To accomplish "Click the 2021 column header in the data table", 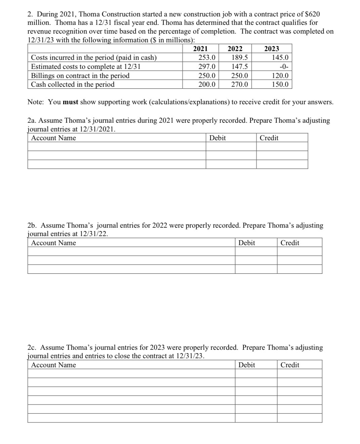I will pos(200,49).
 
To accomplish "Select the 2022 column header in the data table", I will pos(235,49).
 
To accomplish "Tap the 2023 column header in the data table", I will pos(271,49).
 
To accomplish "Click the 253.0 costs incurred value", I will pos(207,58).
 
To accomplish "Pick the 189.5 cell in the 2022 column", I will pos(240,58).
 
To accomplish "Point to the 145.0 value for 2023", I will pos(280,58).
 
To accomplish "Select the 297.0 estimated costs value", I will pos(207,67).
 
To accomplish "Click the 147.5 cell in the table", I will pos(240,67).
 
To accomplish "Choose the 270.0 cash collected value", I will pos(240,84).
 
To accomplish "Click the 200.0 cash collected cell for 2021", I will pos(207,84).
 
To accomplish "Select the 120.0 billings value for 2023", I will pos(280,76).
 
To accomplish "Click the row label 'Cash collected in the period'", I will pos(73,84).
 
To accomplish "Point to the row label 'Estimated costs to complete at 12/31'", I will pos(85,67).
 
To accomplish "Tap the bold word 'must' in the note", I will pos(71,102).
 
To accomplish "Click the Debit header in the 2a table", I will pos(217,138).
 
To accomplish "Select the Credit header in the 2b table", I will pos(290,243).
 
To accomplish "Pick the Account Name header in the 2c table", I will pos(53,365).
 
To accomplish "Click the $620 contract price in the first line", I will pos(312,14).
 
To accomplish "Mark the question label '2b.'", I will pos(32,225).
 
